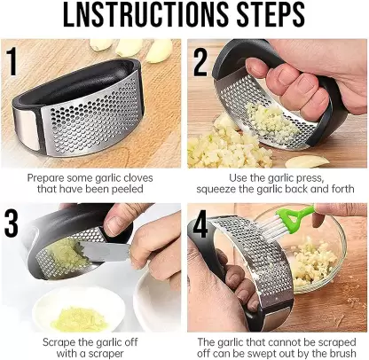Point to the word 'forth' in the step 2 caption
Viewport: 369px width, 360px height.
[337, 190]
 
